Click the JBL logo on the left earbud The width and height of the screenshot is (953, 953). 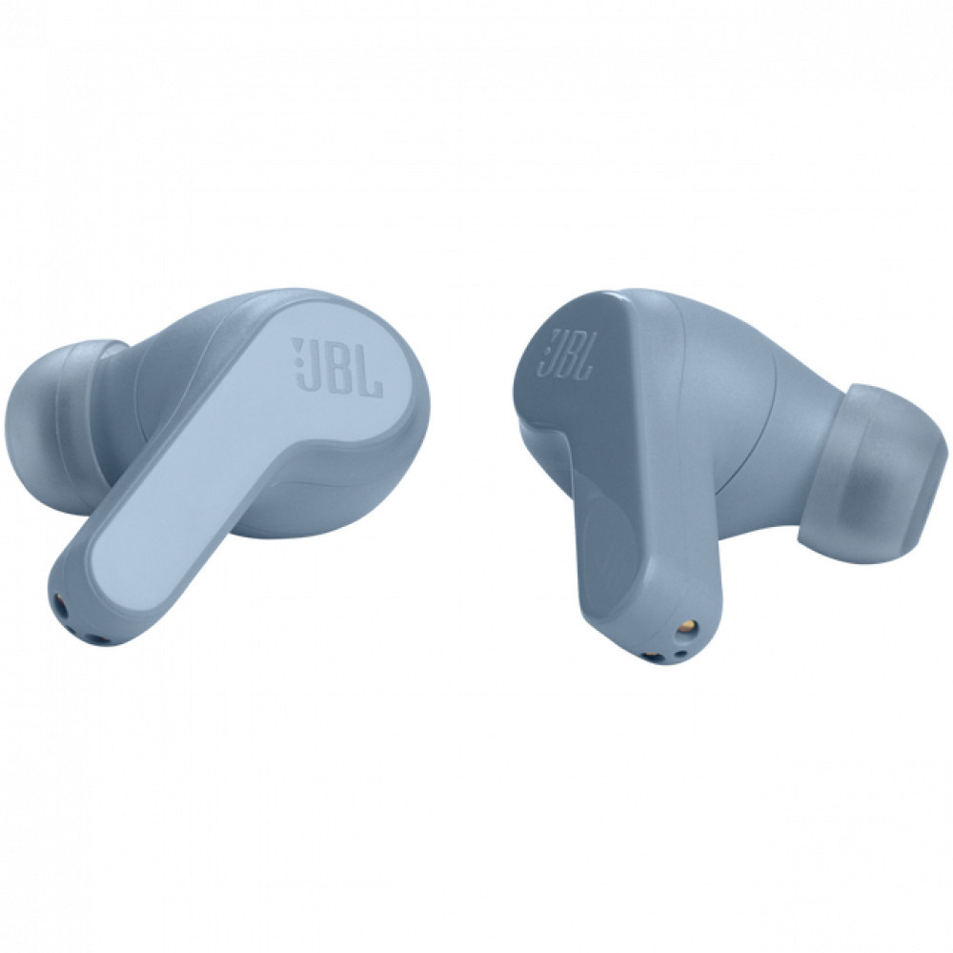coord(338,368)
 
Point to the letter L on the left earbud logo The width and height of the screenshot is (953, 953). coord(371,372)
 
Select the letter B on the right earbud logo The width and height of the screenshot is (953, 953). coord(571,356)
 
